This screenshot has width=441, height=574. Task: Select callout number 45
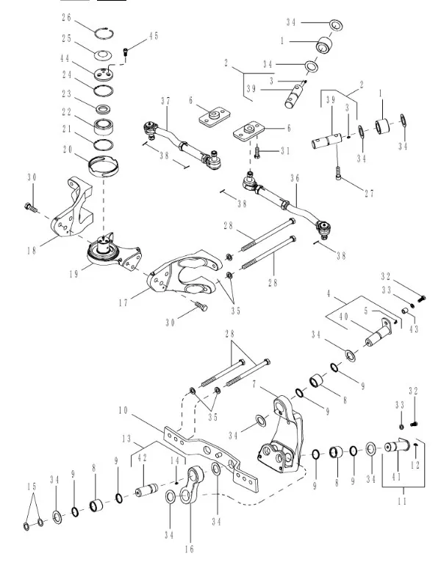(x=153, y=35)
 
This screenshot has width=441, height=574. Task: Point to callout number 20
(x=68, y=149)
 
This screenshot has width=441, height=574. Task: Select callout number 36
(x=295, y=177)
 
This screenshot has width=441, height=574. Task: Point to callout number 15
(x=31, y=486)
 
